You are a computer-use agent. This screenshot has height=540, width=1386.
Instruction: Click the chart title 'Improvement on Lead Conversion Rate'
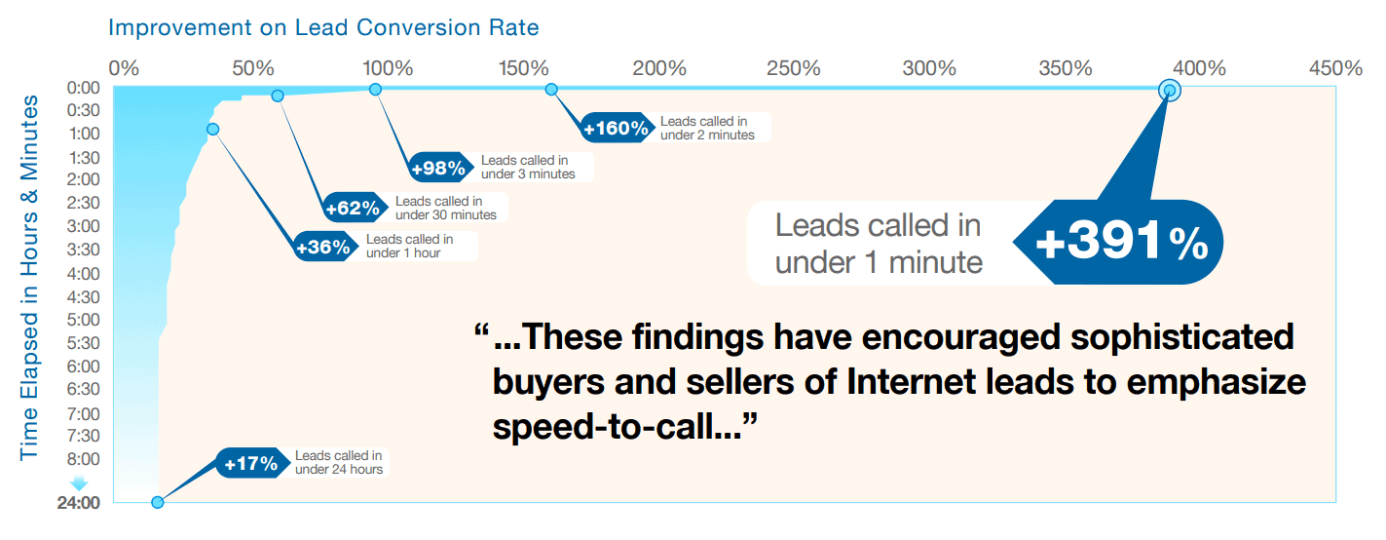click(x=323, y=28)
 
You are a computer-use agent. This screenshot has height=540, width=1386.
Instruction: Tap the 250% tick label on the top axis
click(x=793, y=68)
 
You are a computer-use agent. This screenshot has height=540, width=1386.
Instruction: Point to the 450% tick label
click(x=1335, y=68)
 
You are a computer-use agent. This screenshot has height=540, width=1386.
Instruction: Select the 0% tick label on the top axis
click(x=124, y=68)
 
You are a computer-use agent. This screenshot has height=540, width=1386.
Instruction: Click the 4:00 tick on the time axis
click(x=84, y=274)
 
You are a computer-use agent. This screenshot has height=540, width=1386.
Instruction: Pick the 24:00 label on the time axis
click(x=79, y=503)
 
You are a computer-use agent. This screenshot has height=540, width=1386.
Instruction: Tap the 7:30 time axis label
click(x=84, y=436)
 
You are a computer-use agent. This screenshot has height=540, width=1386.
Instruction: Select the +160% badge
click(x=617, y=129)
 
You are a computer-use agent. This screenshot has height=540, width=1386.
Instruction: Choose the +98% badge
click(x=438, y=168)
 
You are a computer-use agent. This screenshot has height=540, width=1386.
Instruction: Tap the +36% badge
click(x=323, y=247)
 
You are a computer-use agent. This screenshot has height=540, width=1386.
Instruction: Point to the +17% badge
click(x=251, y=463)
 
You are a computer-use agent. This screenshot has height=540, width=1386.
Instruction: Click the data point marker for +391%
click(x=1170, y=91)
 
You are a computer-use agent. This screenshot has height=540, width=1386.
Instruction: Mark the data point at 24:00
click(x=158, y=502)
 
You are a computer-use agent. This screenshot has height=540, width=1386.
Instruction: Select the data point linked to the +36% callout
click(x=213, y=130)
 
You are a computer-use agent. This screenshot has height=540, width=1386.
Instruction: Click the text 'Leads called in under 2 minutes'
click(x=707, y=129)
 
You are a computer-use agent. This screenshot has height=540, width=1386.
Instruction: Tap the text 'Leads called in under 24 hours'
click(x=339, y=463)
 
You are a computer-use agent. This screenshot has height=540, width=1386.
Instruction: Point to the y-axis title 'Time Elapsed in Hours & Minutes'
click(x=29, y=278)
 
